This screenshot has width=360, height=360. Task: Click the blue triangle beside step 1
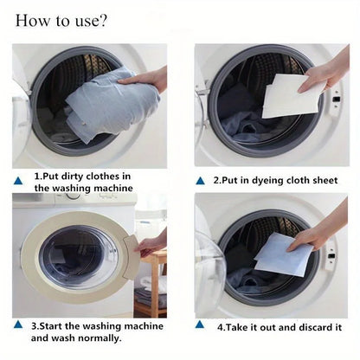pos(19,180)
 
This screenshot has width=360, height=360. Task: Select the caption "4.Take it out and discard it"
pos(279,327)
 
